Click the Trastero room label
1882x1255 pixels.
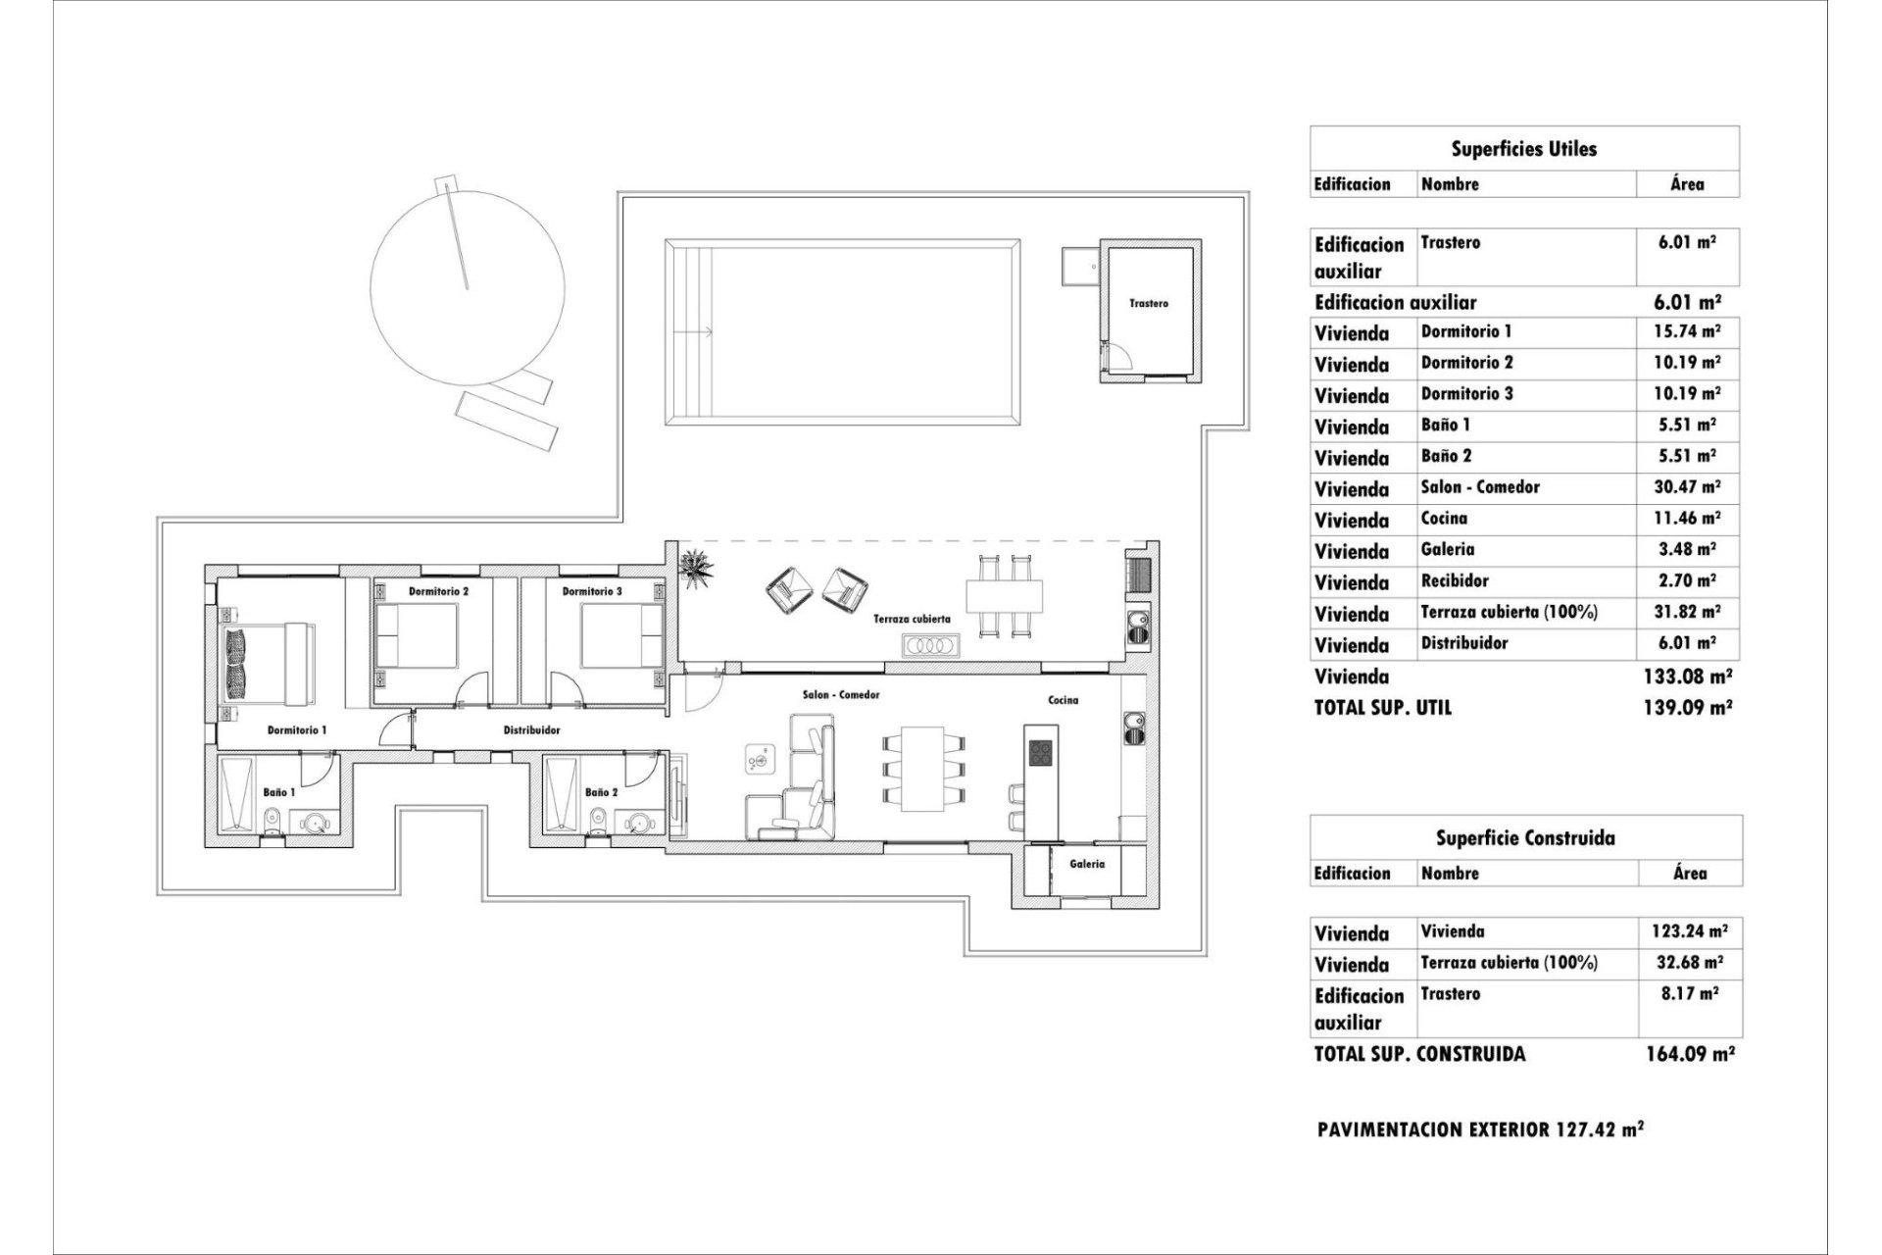[x=1148, y=304]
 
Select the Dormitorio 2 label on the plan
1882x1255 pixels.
[x=438, y=591]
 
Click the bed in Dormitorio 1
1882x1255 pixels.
[x=267, y=664]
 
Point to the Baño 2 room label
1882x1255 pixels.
[x=601, y=792]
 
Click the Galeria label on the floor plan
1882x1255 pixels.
[x=1086, y=864]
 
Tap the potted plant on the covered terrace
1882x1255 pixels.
[x=698, y=568]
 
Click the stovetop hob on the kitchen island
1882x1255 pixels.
[x=1040, y=753]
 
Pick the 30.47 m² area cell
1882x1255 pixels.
[x=1686, y=487]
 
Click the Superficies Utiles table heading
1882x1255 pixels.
[x=1523, y=149]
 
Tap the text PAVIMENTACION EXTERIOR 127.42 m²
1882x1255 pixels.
[x=1480, y=1129]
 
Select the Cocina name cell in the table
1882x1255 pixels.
[x=1444, y=519]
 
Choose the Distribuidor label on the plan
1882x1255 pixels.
[x=531, y=730]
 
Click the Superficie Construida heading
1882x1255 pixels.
[x=1525, y=838]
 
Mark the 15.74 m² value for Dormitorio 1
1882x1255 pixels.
[x=1686, y=331]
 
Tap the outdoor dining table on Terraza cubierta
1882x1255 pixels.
[x=1004, y=595]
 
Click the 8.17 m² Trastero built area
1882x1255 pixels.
[x=1689, y=993]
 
